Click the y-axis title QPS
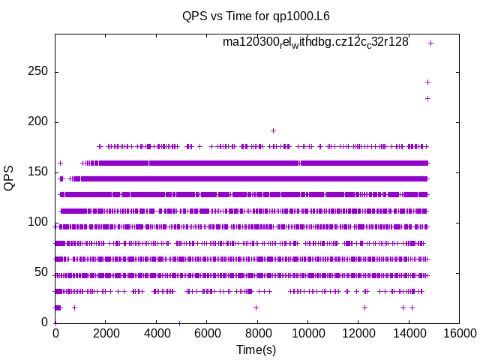[9, 177]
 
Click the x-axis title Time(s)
[256, 349]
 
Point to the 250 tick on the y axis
[38, 72]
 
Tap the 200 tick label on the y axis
[38, 122]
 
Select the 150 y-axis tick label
[38, 172]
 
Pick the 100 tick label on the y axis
[38, 223]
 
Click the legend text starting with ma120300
[316, 42]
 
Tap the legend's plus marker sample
[430, 43]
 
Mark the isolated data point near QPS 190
[273, 130]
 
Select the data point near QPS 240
[427, 82]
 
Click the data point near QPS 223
[427, 98]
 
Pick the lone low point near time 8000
[256, 307]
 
